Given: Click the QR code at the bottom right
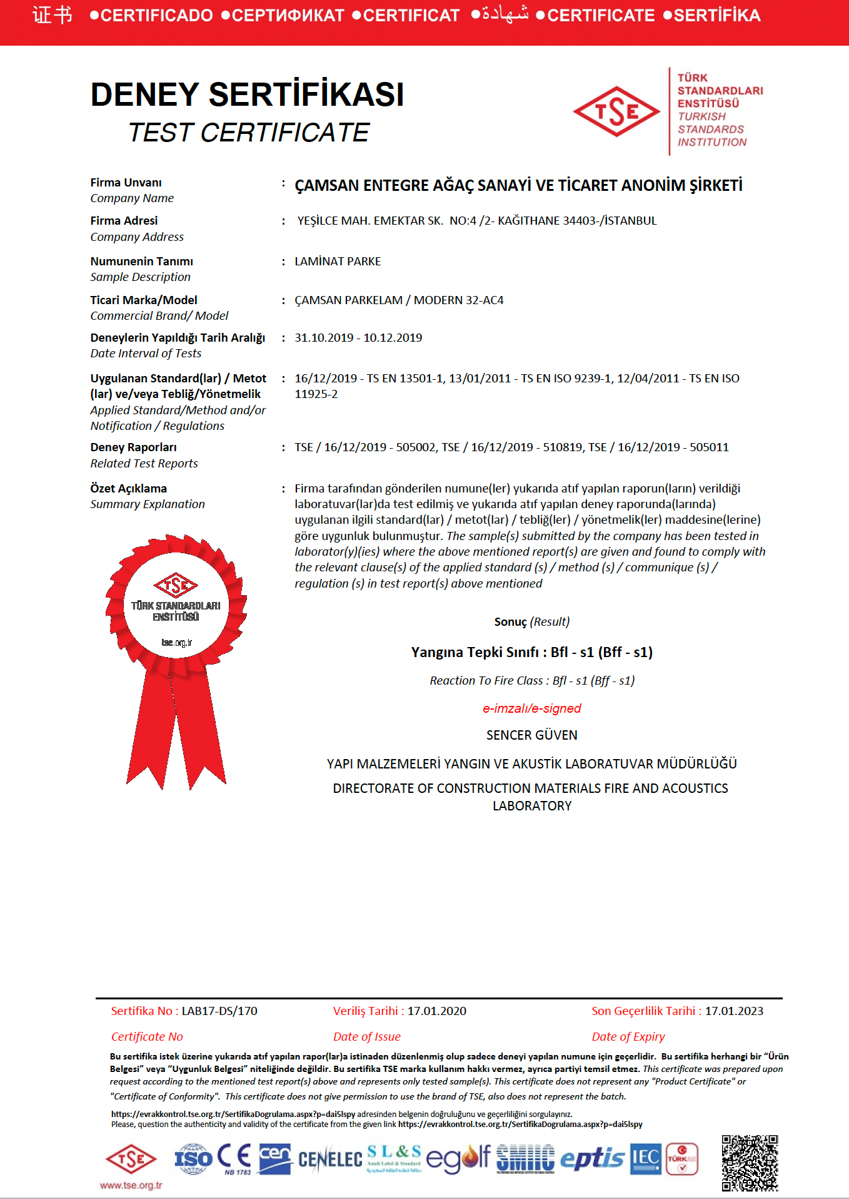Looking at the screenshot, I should click(x=750, y=1162).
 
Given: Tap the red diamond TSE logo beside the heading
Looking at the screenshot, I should click(x=616, y=111).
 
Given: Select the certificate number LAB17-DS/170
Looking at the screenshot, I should click(x=219, y=1011).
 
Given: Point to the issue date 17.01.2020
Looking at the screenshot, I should click(x=436, y=1011).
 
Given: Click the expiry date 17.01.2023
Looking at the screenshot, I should click(x=734, y=1011).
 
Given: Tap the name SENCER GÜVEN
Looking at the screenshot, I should click(x=531, y=735).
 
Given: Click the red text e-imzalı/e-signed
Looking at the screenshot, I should click(x=531, y=708).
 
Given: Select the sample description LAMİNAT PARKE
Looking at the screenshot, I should click(x=338, y=261).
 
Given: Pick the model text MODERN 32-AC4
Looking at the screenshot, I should click(x=458, y=300).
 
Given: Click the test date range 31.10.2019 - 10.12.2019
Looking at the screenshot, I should click(x=358, y=337).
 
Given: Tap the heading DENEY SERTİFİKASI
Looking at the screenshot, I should click(x=247, y=94).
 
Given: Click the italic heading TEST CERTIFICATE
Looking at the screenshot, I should click(x=249, y=133).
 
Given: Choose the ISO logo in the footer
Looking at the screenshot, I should click(x=194, y=1158).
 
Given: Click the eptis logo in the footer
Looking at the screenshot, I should click(x=591, y=1159).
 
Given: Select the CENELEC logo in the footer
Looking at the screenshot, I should click(x=329, y=1160).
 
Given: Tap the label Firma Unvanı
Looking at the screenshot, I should click(x=126, y=182).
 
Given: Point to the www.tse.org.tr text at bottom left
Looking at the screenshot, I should click(x=131, y=1185).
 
